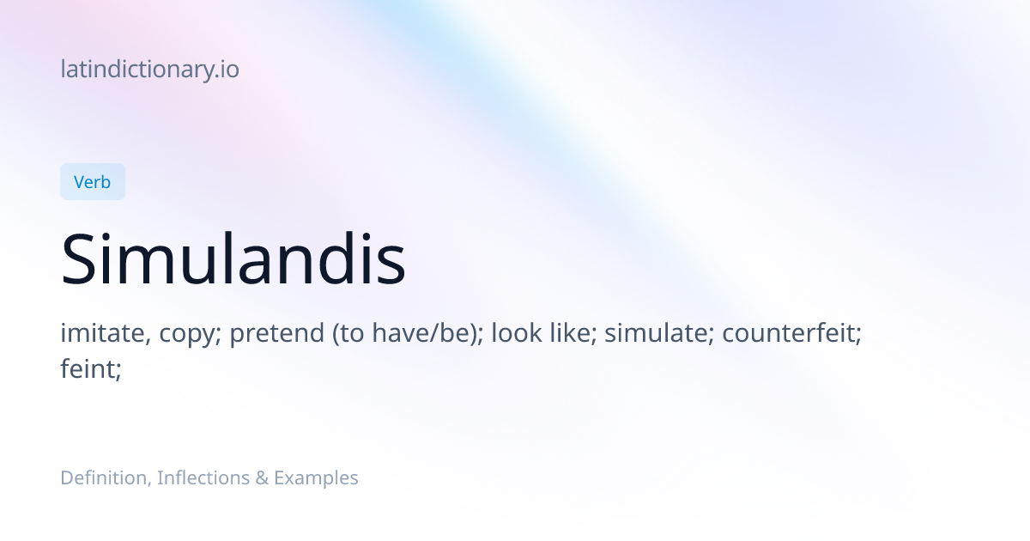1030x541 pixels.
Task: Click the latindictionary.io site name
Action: pyautogui.click(x=150, y=70)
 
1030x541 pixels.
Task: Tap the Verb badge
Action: pyautogui.click(x=93, y=182)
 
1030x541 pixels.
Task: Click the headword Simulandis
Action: pyautogui.click(x=233, y=258)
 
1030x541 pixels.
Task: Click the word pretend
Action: pyautogui.click(x=276, y=333)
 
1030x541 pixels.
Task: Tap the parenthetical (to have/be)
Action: pyautogui.click(x=408, y=333)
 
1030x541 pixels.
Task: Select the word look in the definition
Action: pyautogui.click(x=517, y=333)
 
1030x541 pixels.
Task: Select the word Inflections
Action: pyautogui.click(x=203, y=478)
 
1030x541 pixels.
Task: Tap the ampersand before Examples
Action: pyautogui.click(x=262, y=478)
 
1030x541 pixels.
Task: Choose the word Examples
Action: pyautogui.click(x=316, y=478)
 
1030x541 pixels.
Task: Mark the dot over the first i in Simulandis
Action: pyautogui.click(x=106, y=236)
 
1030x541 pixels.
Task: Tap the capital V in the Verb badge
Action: pyautogui.click(x=80, y=182)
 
